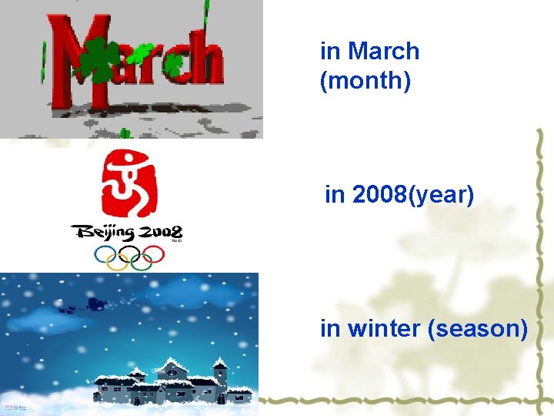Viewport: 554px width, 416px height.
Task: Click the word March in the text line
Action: [x=383, y=52]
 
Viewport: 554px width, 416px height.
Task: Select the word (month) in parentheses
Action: [x=365, y=79]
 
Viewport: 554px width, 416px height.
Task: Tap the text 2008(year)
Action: [x=412, y=195]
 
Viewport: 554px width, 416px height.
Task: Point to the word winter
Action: [x=383, y=328]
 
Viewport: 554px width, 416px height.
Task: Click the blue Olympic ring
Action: [x=104, y=253]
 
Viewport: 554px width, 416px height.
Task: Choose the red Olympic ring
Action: [x=153, y=253]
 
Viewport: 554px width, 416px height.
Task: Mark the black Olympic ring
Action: [x=128, y=253]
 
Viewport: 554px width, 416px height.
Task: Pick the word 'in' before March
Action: [x=329, y=52]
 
